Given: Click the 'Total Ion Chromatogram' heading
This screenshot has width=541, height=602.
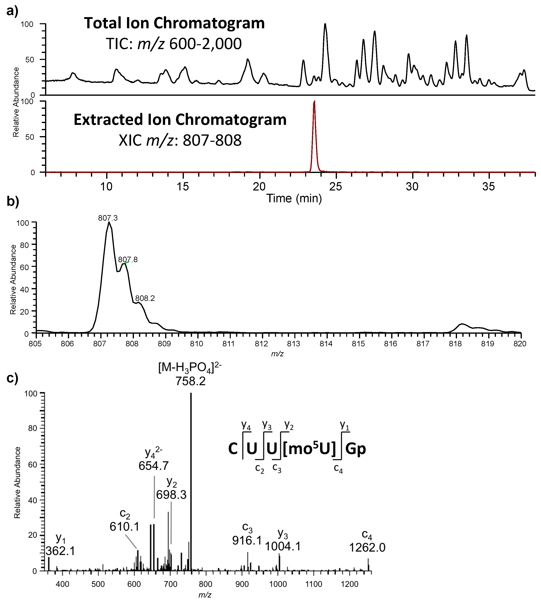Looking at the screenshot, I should (x=174, y=23).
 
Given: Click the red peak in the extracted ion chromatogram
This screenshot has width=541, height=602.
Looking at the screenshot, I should (x=314, y=134).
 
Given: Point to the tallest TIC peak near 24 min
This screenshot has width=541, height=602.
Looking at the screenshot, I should (x=325, y=30).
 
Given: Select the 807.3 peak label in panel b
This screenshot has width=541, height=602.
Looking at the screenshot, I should (x=108, y=218).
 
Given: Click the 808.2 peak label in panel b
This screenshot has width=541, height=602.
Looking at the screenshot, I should (x=145, y=298).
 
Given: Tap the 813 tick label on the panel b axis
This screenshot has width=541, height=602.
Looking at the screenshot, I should (x=294, y=344).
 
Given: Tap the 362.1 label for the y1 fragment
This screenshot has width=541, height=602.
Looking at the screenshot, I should (x=60, y=551).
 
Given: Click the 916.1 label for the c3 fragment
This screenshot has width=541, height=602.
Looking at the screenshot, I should (x=247, y=540).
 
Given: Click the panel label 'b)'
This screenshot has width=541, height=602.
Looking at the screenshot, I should (x=12, y=201).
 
